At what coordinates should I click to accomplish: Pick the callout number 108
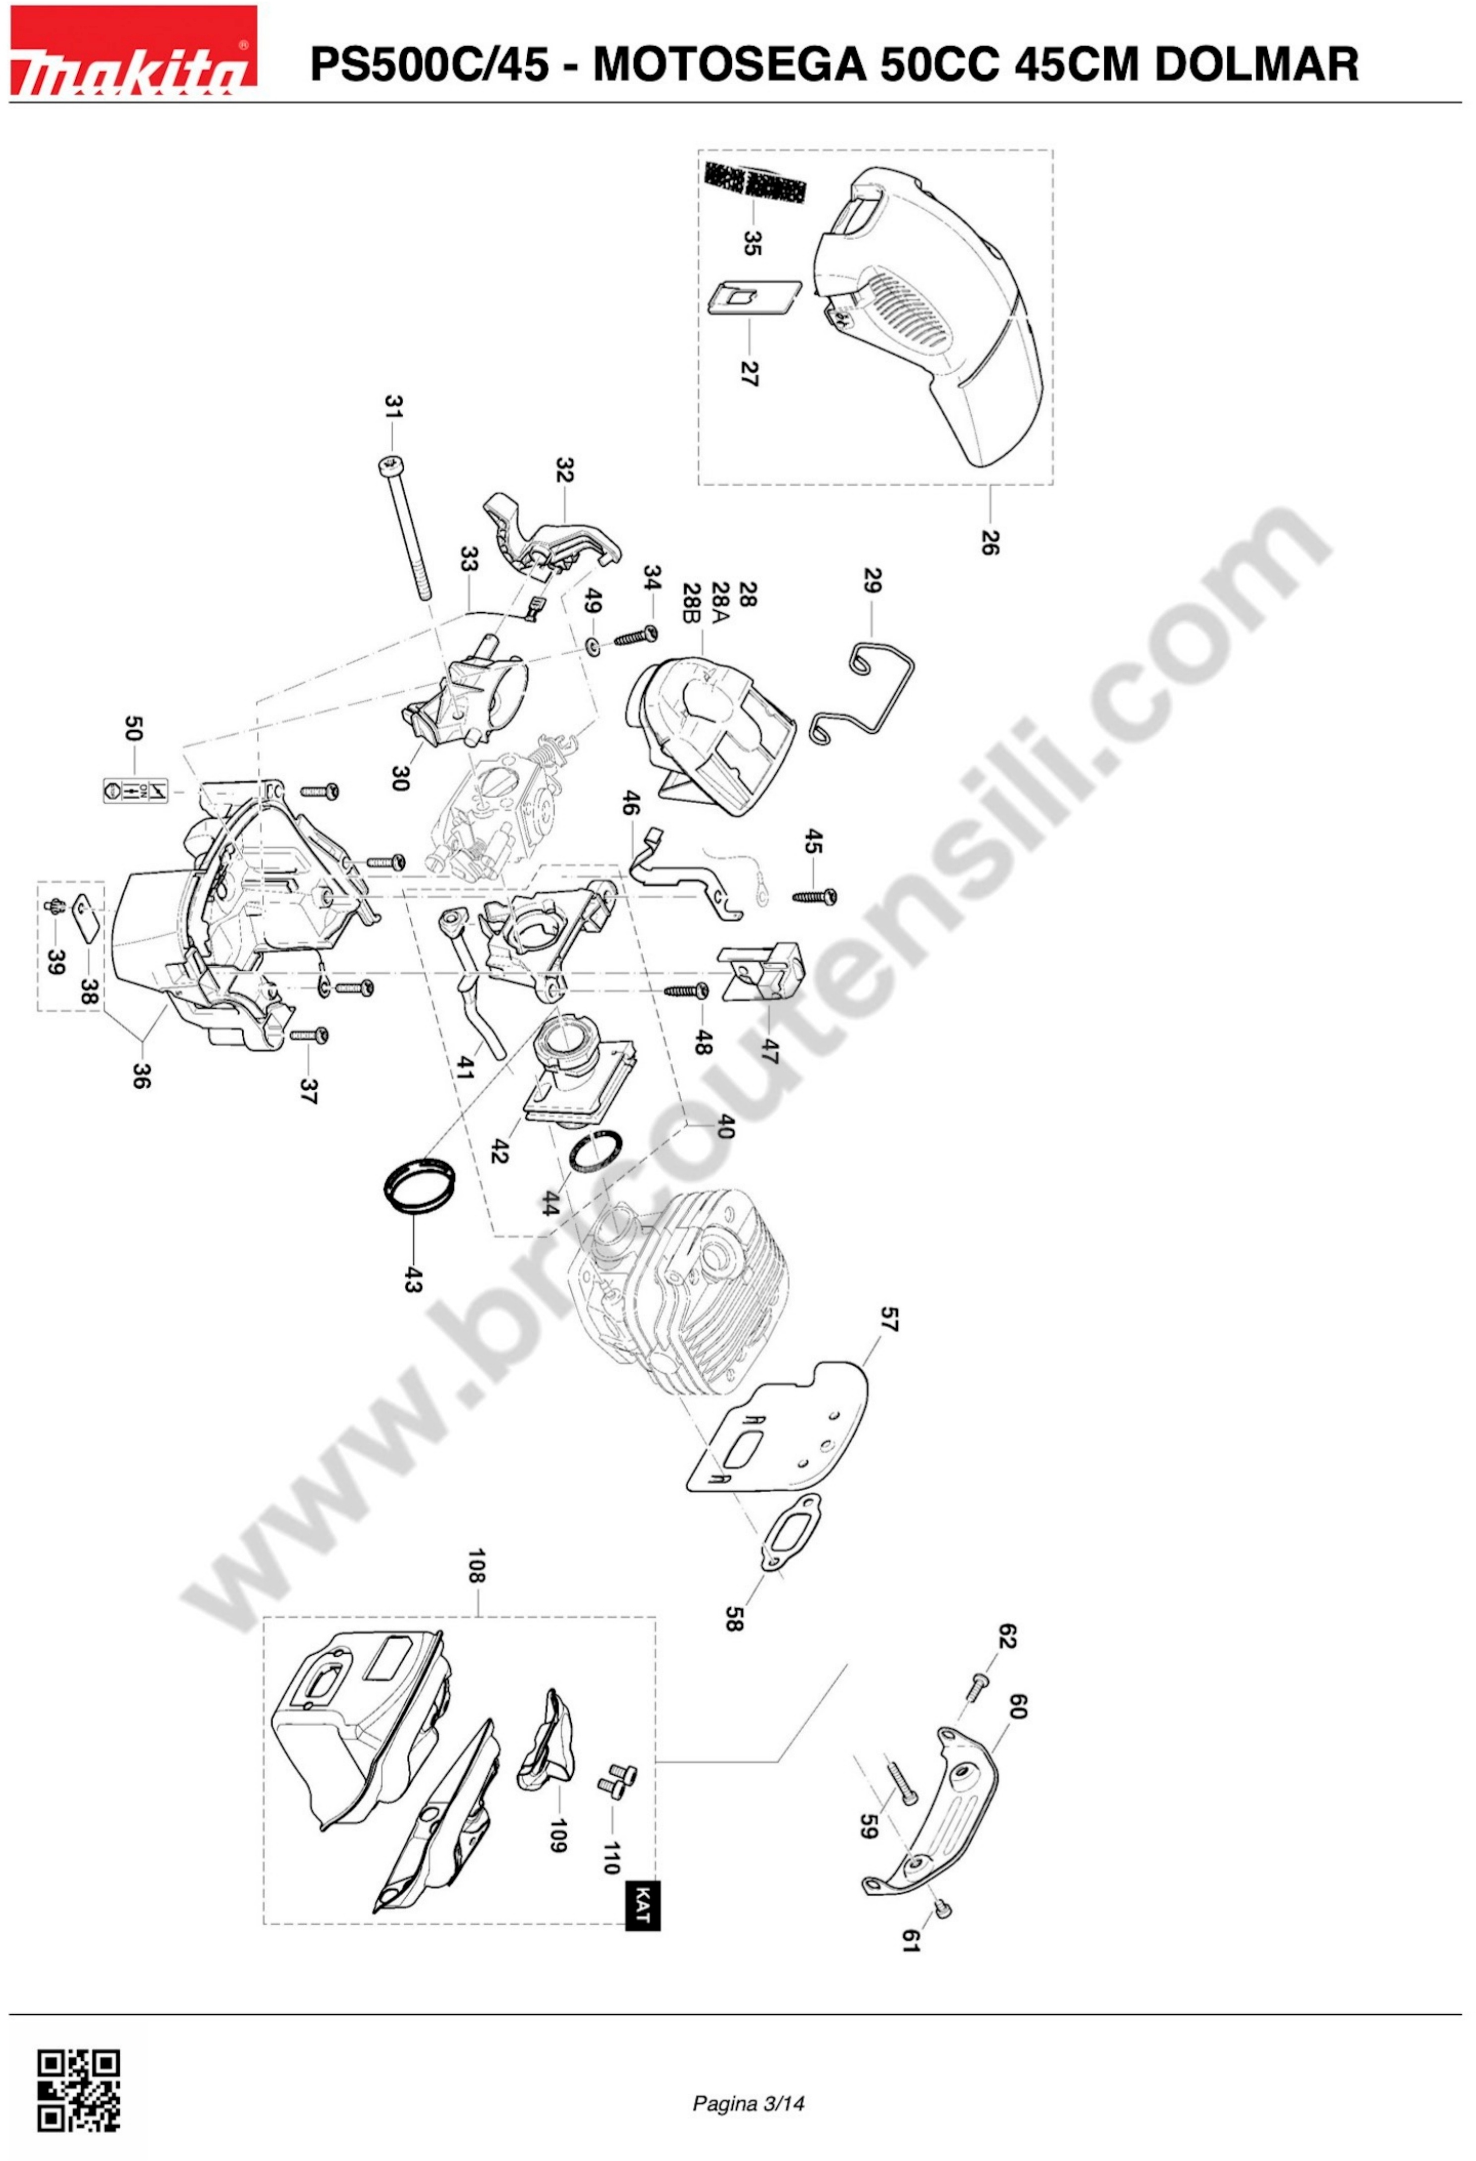pyautogui.click(x=477, y=1566)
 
